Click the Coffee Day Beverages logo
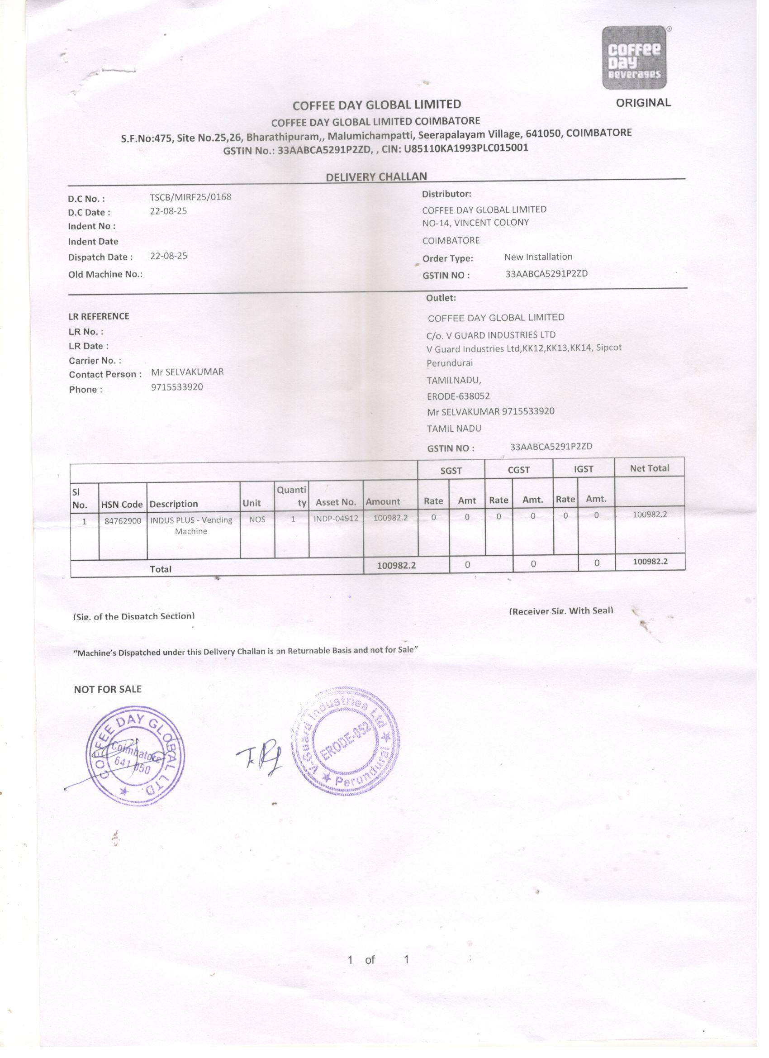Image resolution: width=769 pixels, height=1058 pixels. (x=634, y=57)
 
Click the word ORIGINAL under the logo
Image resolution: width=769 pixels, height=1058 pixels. (x=643, y=103)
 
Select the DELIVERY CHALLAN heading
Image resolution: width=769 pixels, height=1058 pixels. (x=376, y=176)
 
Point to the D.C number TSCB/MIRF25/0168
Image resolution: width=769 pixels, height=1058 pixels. (x=190, y=197)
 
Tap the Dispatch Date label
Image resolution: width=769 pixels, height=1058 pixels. (x=100, y=257)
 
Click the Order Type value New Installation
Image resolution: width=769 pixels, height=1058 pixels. (x=538, y=257)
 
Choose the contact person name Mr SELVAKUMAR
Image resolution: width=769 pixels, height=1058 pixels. (x=187, y=372)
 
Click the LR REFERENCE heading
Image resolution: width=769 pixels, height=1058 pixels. (x=99, y=316)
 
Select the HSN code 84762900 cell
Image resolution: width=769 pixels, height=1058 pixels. (x=123, y=521)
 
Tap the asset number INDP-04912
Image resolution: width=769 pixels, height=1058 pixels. (x=336, y=519)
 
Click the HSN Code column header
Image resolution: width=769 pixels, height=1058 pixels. (x=122, y=504)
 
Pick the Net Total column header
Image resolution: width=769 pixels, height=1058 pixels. (x=649, y=468)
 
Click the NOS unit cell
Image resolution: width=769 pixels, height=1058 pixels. (x=257, y=519)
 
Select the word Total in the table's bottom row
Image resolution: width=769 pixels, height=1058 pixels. (x=161, y=569)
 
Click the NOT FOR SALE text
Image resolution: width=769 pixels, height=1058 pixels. (x=107, y=689)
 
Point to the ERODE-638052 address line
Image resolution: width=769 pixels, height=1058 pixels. (x=458, y=396)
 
